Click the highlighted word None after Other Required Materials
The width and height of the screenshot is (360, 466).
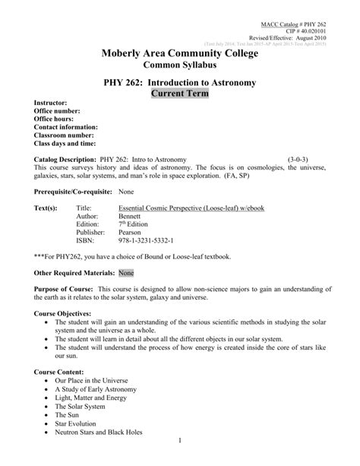(126, 271)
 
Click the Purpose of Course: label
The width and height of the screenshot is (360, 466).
(65, 288)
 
